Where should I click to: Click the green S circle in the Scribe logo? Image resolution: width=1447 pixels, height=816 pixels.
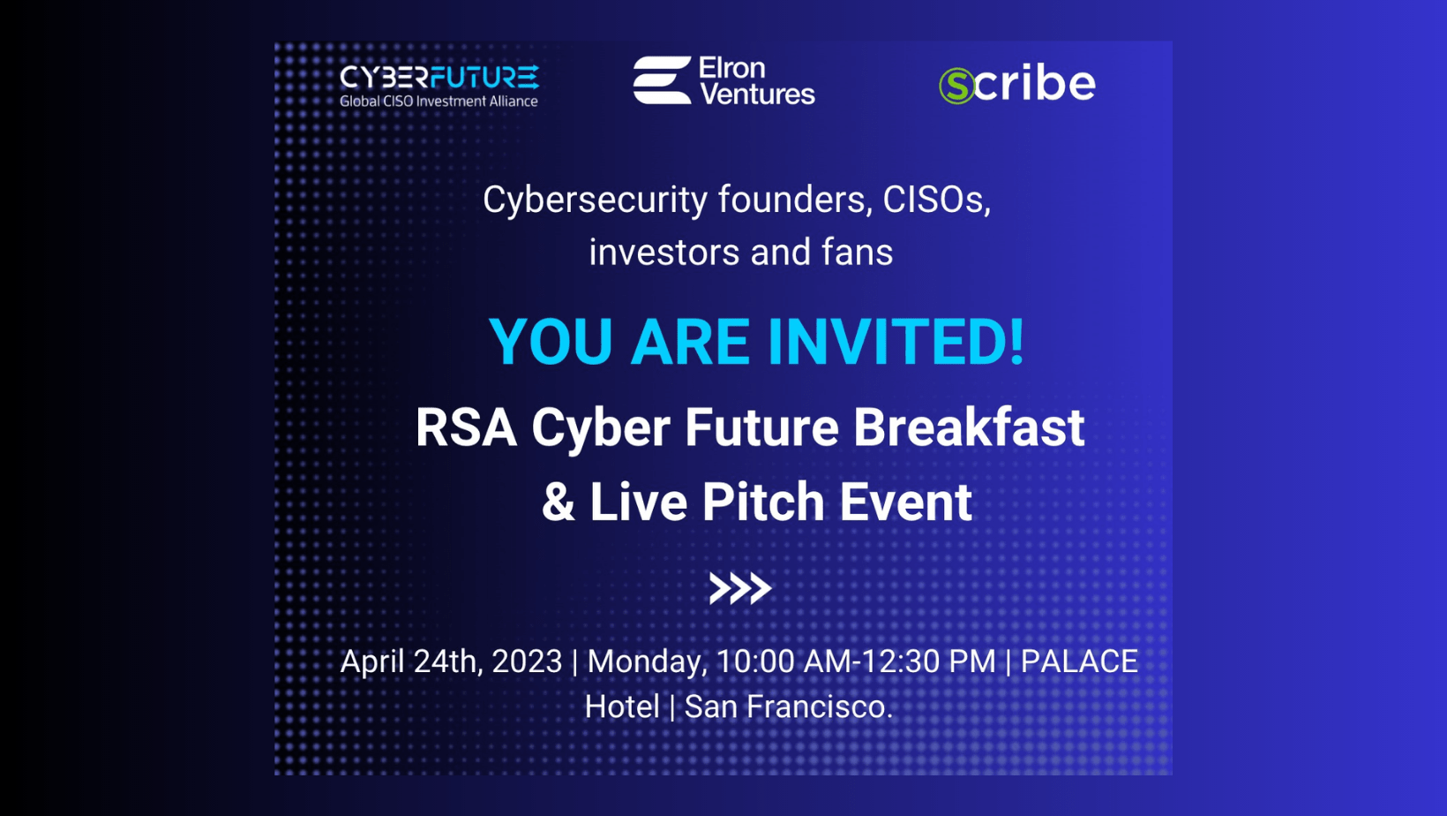(x=956, y=86)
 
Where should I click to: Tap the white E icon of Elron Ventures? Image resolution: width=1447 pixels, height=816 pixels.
(x=662, y=80)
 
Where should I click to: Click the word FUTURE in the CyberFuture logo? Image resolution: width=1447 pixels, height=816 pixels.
(x=484, y=77)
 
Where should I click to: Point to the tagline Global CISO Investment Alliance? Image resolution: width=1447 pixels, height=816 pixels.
(x=439, y=101)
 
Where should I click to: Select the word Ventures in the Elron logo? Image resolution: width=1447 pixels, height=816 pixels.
(x=758, y=94)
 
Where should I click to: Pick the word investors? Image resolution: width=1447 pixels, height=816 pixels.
(x=664, y=253)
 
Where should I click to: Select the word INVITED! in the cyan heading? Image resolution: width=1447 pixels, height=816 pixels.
(x=896, y=342)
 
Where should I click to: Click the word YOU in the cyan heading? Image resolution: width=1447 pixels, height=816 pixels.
(x=551, y=342)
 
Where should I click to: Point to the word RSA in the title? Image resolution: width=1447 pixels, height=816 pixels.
(x=467, y=427)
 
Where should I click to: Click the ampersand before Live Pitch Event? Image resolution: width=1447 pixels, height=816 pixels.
(x=559, y=502)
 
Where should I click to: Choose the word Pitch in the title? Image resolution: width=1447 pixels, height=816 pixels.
(x=763, y=501)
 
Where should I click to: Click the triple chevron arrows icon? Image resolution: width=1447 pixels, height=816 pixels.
(x=740, y=588)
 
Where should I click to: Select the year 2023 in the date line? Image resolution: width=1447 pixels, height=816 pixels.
(x=527, y=661)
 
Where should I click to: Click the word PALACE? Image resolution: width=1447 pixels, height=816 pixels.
(x=1079, y=661)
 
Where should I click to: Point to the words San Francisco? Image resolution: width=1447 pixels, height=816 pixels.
(x=789, y=706)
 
